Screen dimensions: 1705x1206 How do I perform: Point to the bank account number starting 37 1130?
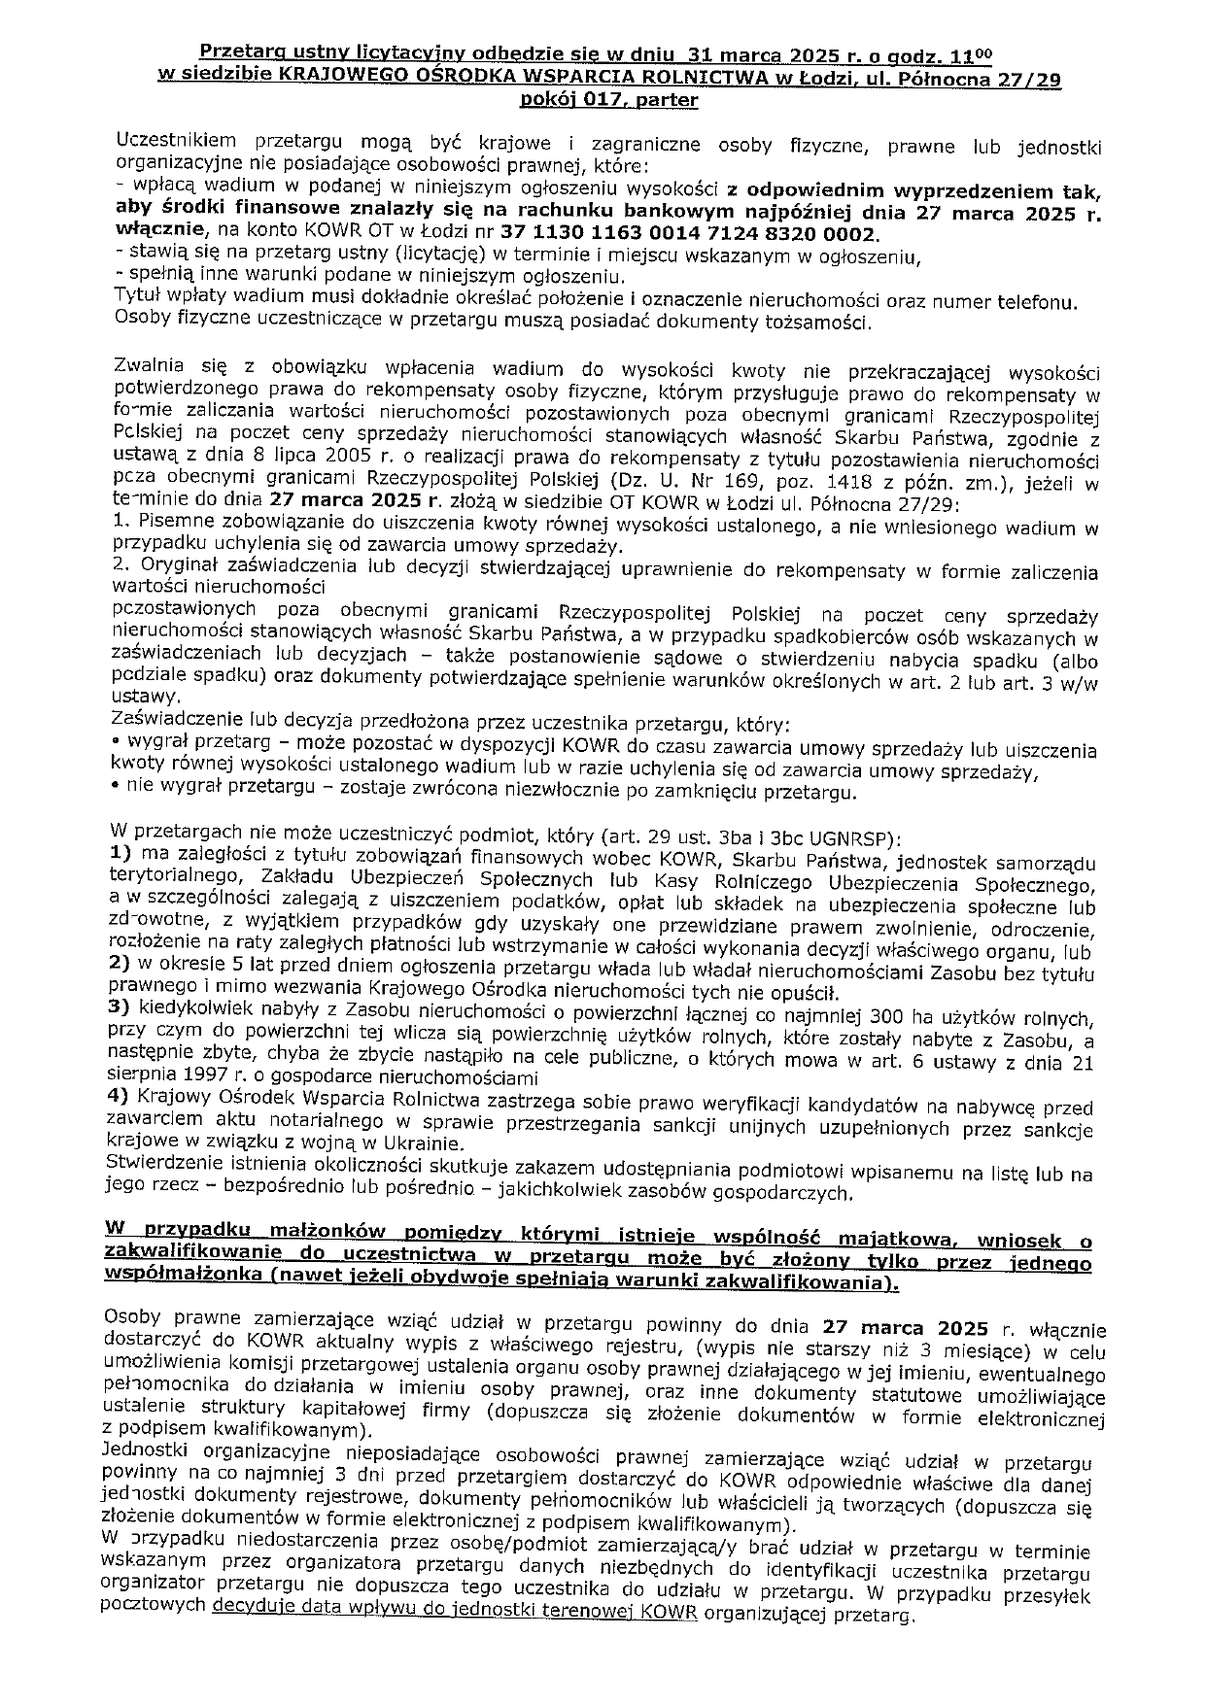[x=689, y=234]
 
